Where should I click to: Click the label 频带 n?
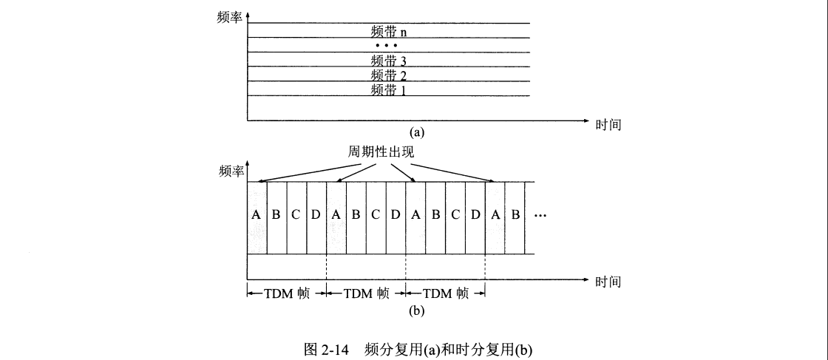coord(389,32)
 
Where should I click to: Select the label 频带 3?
coord(389,61)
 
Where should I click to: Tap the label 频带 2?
coord(389,75)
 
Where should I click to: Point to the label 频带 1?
coord(389,90)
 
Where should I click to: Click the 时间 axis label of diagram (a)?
coord(608,125)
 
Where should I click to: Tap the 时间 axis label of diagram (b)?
coord(608,282)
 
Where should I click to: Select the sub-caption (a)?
coord(418,132)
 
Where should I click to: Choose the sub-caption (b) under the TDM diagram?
coord(418,310)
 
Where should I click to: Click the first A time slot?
coord(257,216)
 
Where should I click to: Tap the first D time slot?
coord(316,216)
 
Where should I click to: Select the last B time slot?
coord(515,216)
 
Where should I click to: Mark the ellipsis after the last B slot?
coord(539,216)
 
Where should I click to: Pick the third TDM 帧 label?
coord(446,293)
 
